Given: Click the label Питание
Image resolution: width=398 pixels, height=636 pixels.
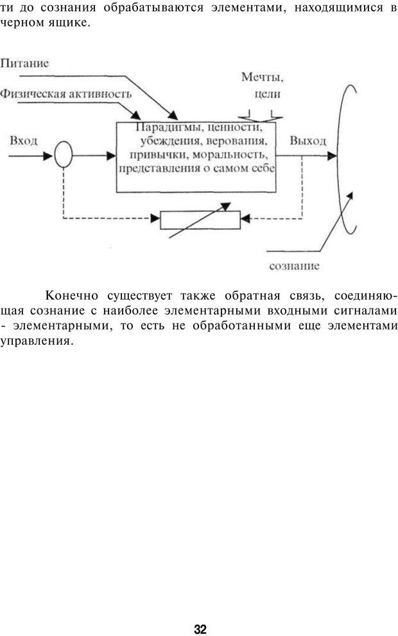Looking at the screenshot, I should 24,64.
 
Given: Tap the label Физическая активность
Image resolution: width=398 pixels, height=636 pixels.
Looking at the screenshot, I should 66,93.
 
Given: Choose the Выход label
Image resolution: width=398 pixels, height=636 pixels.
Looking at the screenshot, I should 308,141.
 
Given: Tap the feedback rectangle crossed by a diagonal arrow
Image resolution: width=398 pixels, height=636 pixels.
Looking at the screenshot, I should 199,219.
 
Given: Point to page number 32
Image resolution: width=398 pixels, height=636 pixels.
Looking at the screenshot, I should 200,612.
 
